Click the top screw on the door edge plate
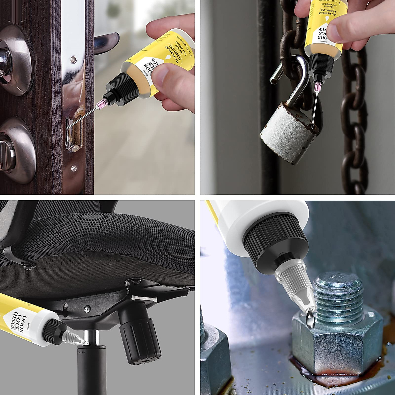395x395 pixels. click(73, 59)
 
